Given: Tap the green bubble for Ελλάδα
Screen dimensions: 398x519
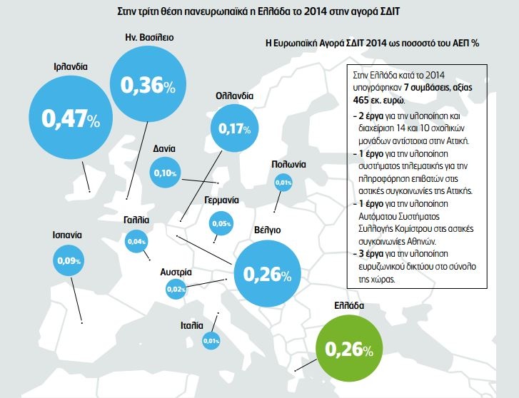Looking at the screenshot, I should click(349, 349).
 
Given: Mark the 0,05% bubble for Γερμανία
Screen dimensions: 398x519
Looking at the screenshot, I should click(221, 224).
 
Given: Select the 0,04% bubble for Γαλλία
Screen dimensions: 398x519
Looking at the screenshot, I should click(136, 242).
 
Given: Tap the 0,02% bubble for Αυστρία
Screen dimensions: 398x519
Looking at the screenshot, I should click(176, 288).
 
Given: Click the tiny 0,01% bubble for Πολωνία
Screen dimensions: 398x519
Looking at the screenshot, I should click(283, 183).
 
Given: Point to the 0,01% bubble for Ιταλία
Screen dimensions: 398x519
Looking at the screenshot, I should click(211, 341).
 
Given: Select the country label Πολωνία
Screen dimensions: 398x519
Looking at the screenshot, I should click(288, 164).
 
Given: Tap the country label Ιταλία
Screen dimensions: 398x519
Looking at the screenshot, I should click(193, 325).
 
